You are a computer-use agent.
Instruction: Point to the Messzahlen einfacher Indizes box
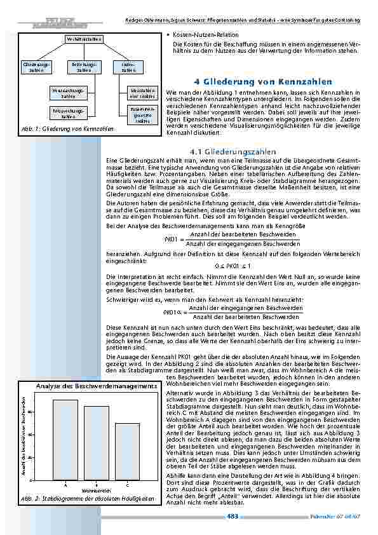(142, 93)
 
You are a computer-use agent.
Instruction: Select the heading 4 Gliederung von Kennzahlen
(262, 82)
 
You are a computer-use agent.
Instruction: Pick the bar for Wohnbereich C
(127, 452)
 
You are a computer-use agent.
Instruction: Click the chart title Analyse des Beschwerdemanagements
(97, 386)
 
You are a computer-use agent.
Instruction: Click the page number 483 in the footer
(233, 516)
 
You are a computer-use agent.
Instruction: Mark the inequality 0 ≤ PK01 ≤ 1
(233, 265)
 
